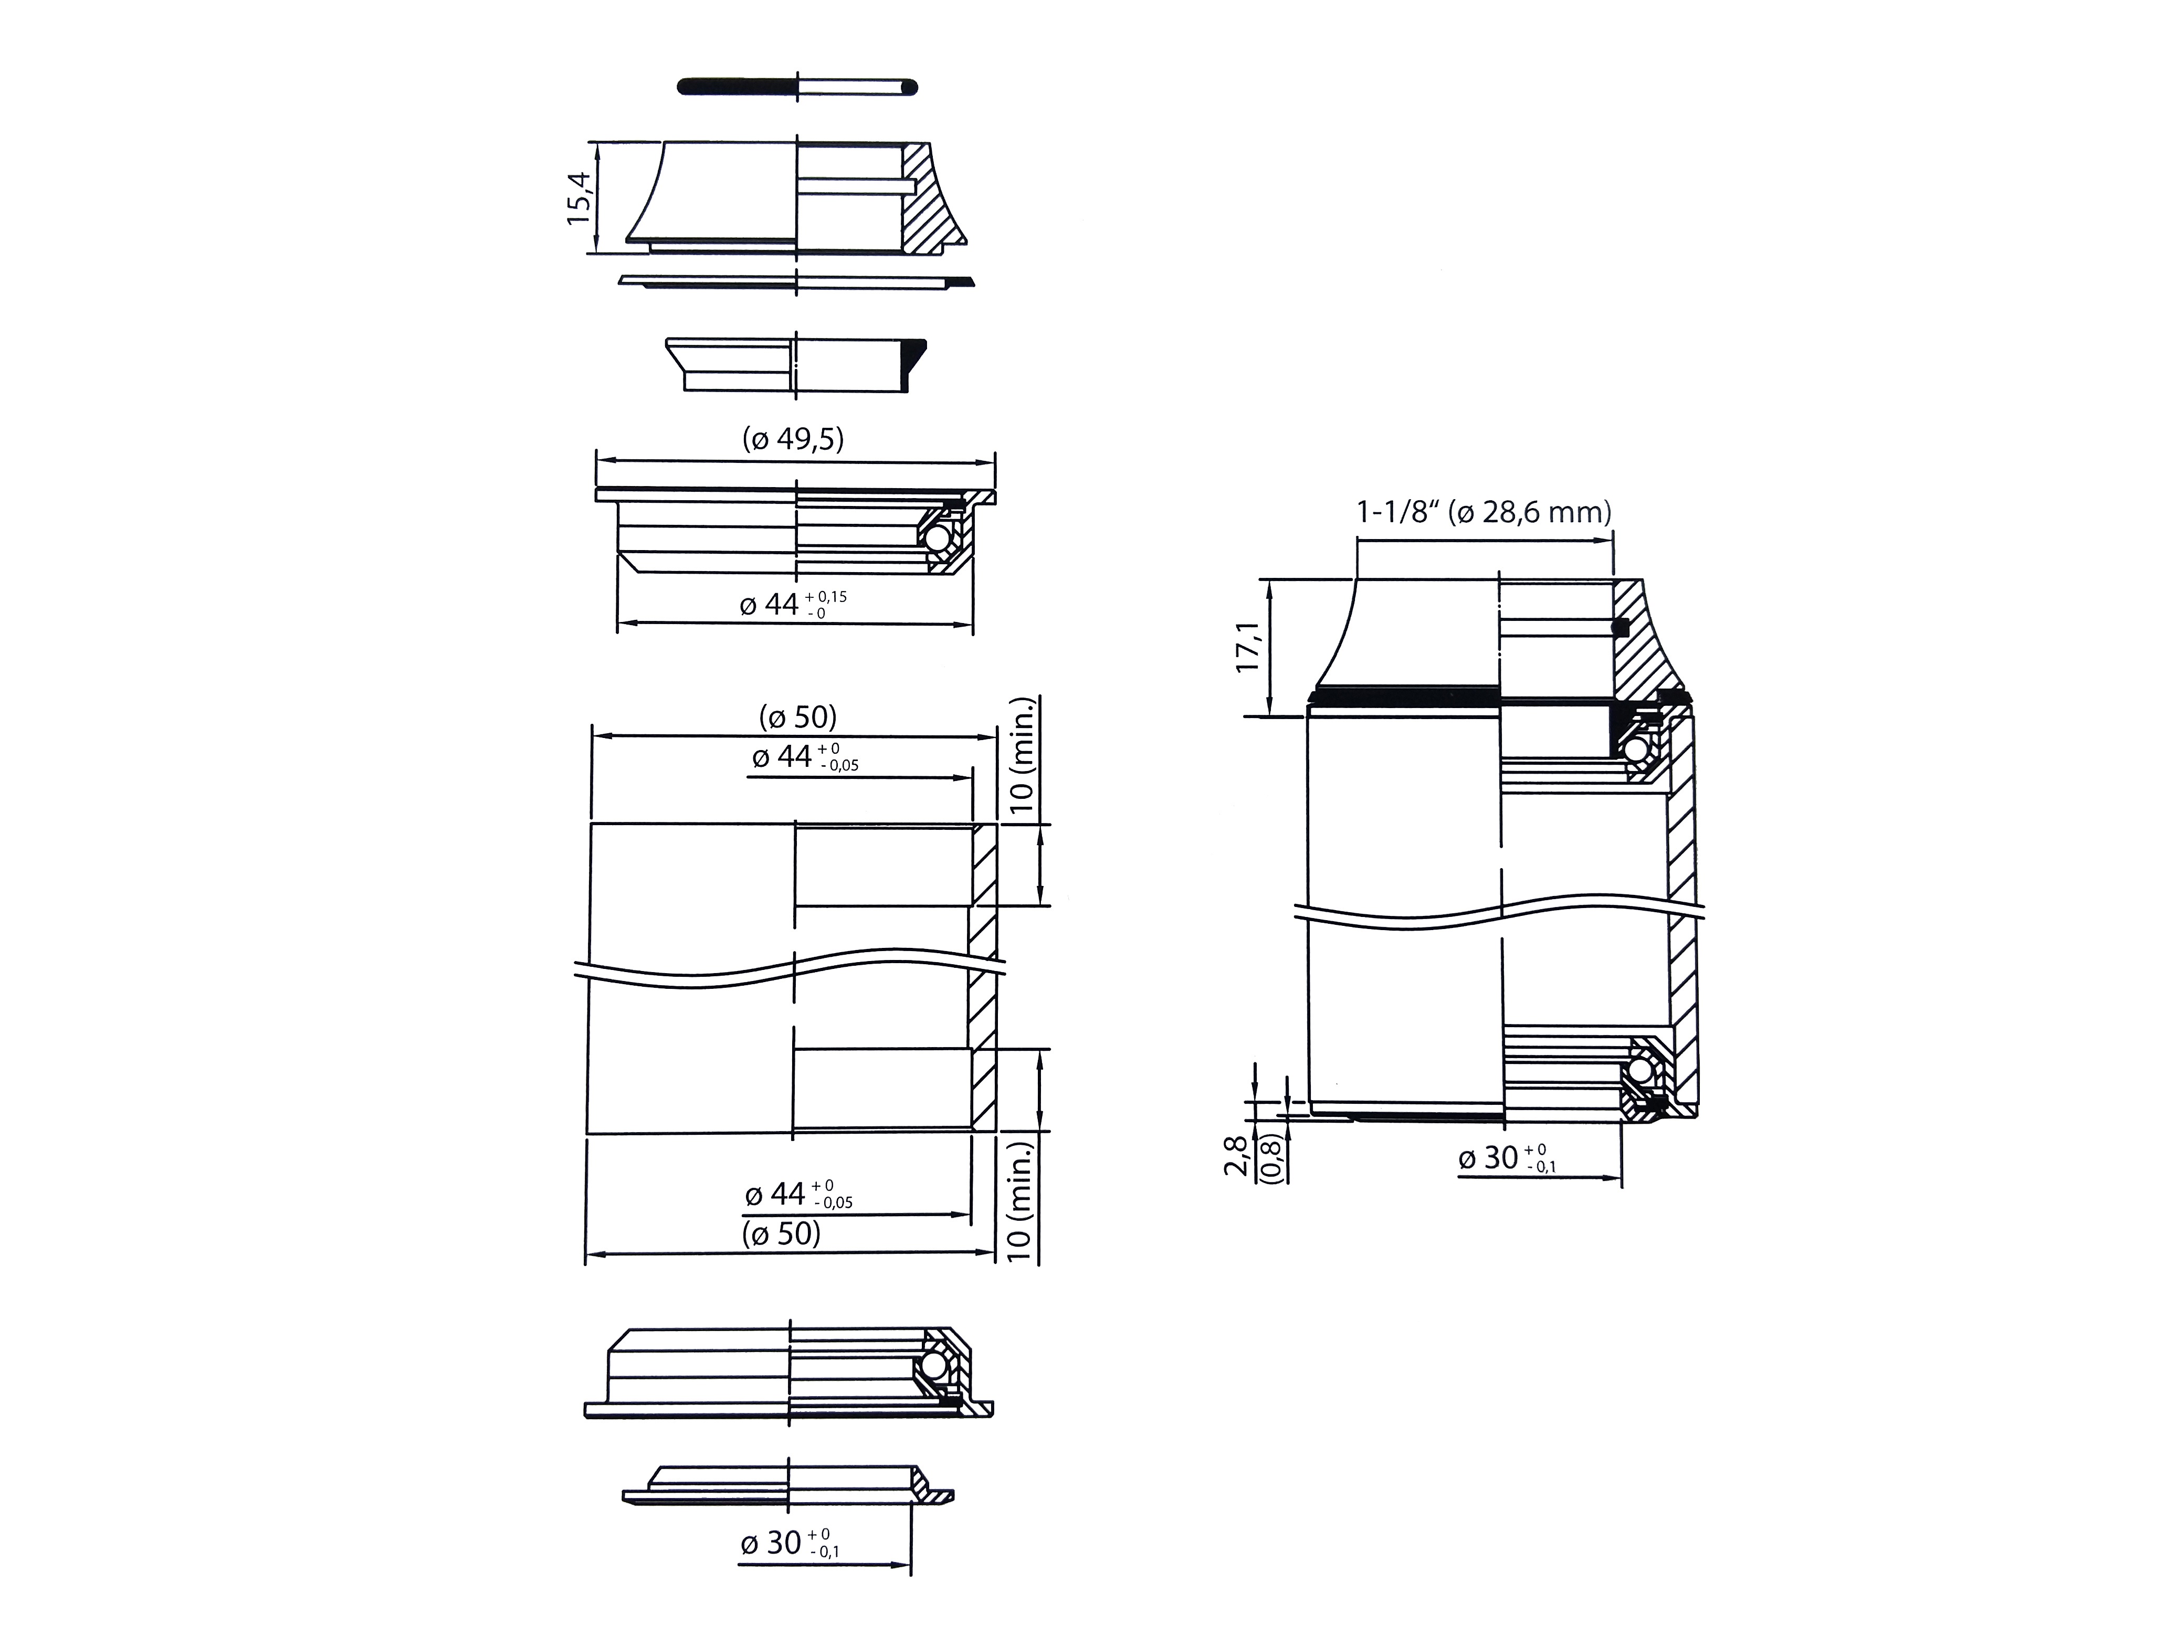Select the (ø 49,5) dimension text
[794, 440]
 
